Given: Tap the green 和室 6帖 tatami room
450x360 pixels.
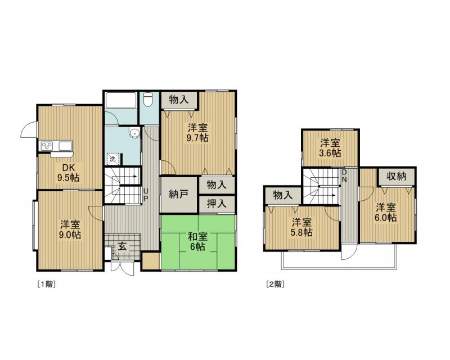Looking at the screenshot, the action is (198, 242).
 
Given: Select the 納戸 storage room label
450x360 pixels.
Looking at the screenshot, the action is (178, 195).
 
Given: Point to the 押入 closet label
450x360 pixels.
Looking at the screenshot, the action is (217, 204).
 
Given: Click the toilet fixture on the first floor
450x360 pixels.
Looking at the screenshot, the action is (148, 100).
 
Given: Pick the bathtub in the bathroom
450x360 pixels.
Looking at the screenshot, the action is (121, 100).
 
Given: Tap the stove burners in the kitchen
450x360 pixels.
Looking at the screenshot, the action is (47, 146).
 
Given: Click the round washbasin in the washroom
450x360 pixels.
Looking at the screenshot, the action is (134, 133).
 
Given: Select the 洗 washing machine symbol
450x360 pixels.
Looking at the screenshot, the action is (113, 159).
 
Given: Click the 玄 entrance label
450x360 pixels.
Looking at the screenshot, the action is (122, 246).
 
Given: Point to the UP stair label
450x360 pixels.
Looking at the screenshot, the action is (146, 195).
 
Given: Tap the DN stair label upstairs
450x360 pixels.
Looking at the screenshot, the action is (344, 176).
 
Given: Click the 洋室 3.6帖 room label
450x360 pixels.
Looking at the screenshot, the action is (330, 147).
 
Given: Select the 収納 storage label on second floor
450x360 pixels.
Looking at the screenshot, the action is (397, 176).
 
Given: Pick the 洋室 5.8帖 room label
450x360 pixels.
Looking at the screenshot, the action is (302, 227).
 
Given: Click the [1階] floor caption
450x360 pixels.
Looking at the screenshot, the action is (47, 284).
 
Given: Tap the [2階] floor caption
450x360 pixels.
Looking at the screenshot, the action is (276, 284).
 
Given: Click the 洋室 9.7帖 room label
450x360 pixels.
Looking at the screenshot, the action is (198, 132).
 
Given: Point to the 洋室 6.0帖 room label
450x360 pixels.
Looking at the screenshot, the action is (386, 212).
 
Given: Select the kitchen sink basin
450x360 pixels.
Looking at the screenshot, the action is (65, 146).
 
